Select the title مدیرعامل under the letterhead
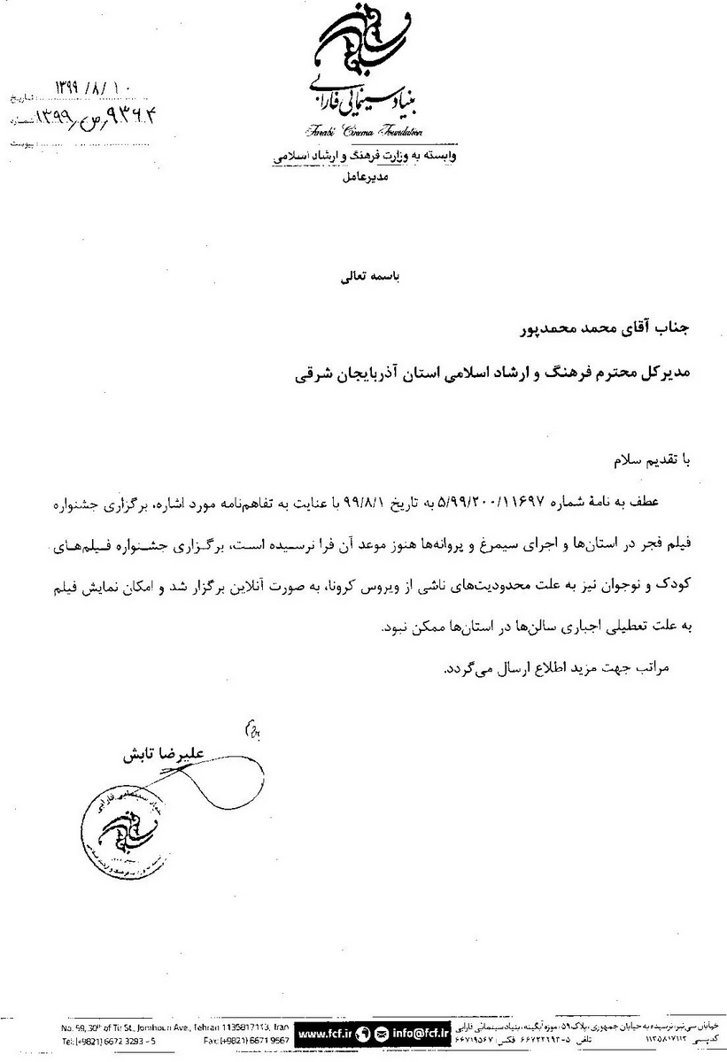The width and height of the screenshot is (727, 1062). click(x=363, y=178)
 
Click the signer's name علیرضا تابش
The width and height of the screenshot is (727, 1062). click(x=159, y=754)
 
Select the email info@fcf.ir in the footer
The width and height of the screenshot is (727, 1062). click(x=408, y=1033)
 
